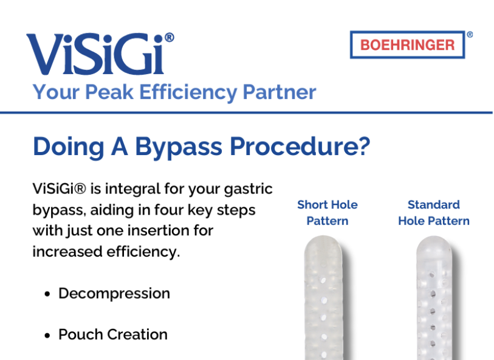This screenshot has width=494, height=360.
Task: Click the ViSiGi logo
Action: point(100,54)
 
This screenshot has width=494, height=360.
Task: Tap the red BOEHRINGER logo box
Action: point(407,45)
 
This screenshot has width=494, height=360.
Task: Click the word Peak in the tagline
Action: point(109,92)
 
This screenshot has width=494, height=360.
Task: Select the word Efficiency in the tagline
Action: point(188,92)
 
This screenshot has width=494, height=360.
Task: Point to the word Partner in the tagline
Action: point(279,92)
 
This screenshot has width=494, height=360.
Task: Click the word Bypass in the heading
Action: point(179,147)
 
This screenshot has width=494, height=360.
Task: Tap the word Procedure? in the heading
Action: point(300,147)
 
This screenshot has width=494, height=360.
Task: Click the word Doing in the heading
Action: point(69,147)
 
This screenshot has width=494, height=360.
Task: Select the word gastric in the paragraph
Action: point(249,190)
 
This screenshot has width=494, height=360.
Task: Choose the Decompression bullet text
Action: point(114,294)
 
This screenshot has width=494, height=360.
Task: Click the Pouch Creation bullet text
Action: point(113,334)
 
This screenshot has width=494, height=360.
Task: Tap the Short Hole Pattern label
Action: point(328,213)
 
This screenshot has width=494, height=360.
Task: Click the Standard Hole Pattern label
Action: point(434,213)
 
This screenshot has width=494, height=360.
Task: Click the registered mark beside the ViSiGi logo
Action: point(169,38)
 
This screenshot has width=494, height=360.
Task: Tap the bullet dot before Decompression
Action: point(47,294)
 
